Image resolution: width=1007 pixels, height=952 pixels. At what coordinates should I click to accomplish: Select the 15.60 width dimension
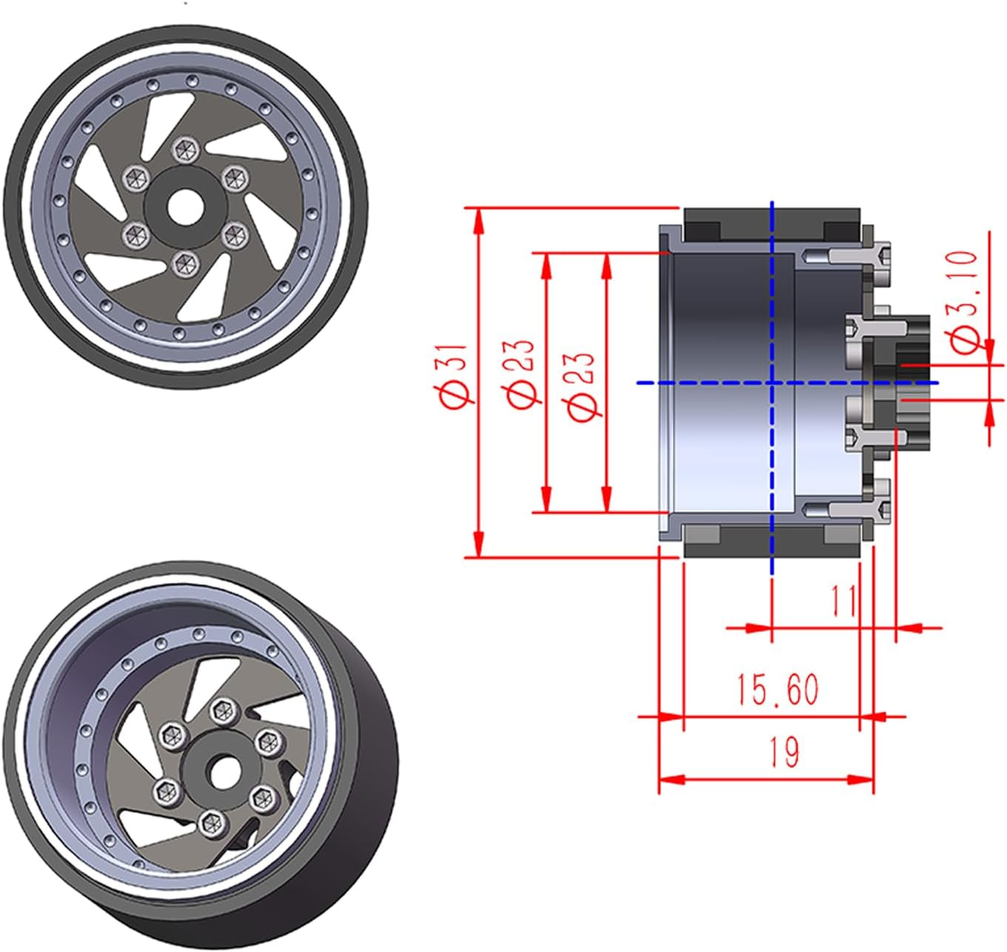point(778,690)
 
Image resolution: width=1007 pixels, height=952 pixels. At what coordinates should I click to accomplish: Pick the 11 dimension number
point(843,601)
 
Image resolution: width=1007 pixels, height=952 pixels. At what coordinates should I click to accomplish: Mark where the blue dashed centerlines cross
point(773,383)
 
